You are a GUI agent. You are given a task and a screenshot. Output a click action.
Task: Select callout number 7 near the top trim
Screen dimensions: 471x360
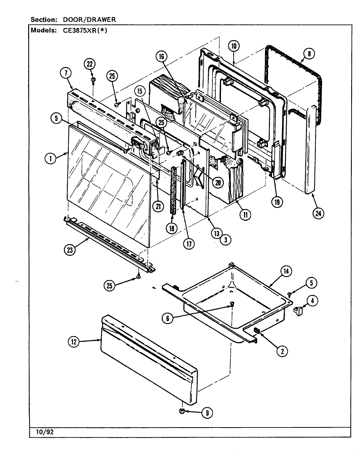tap(66, 73)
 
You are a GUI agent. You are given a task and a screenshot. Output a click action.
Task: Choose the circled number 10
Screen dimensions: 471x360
tap(234, 46)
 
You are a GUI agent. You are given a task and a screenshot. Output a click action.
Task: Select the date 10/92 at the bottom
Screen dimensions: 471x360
tap(43, 432)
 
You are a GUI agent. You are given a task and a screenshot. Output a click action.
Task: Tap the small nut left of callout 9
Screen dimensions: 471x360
tap(182, 411)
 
